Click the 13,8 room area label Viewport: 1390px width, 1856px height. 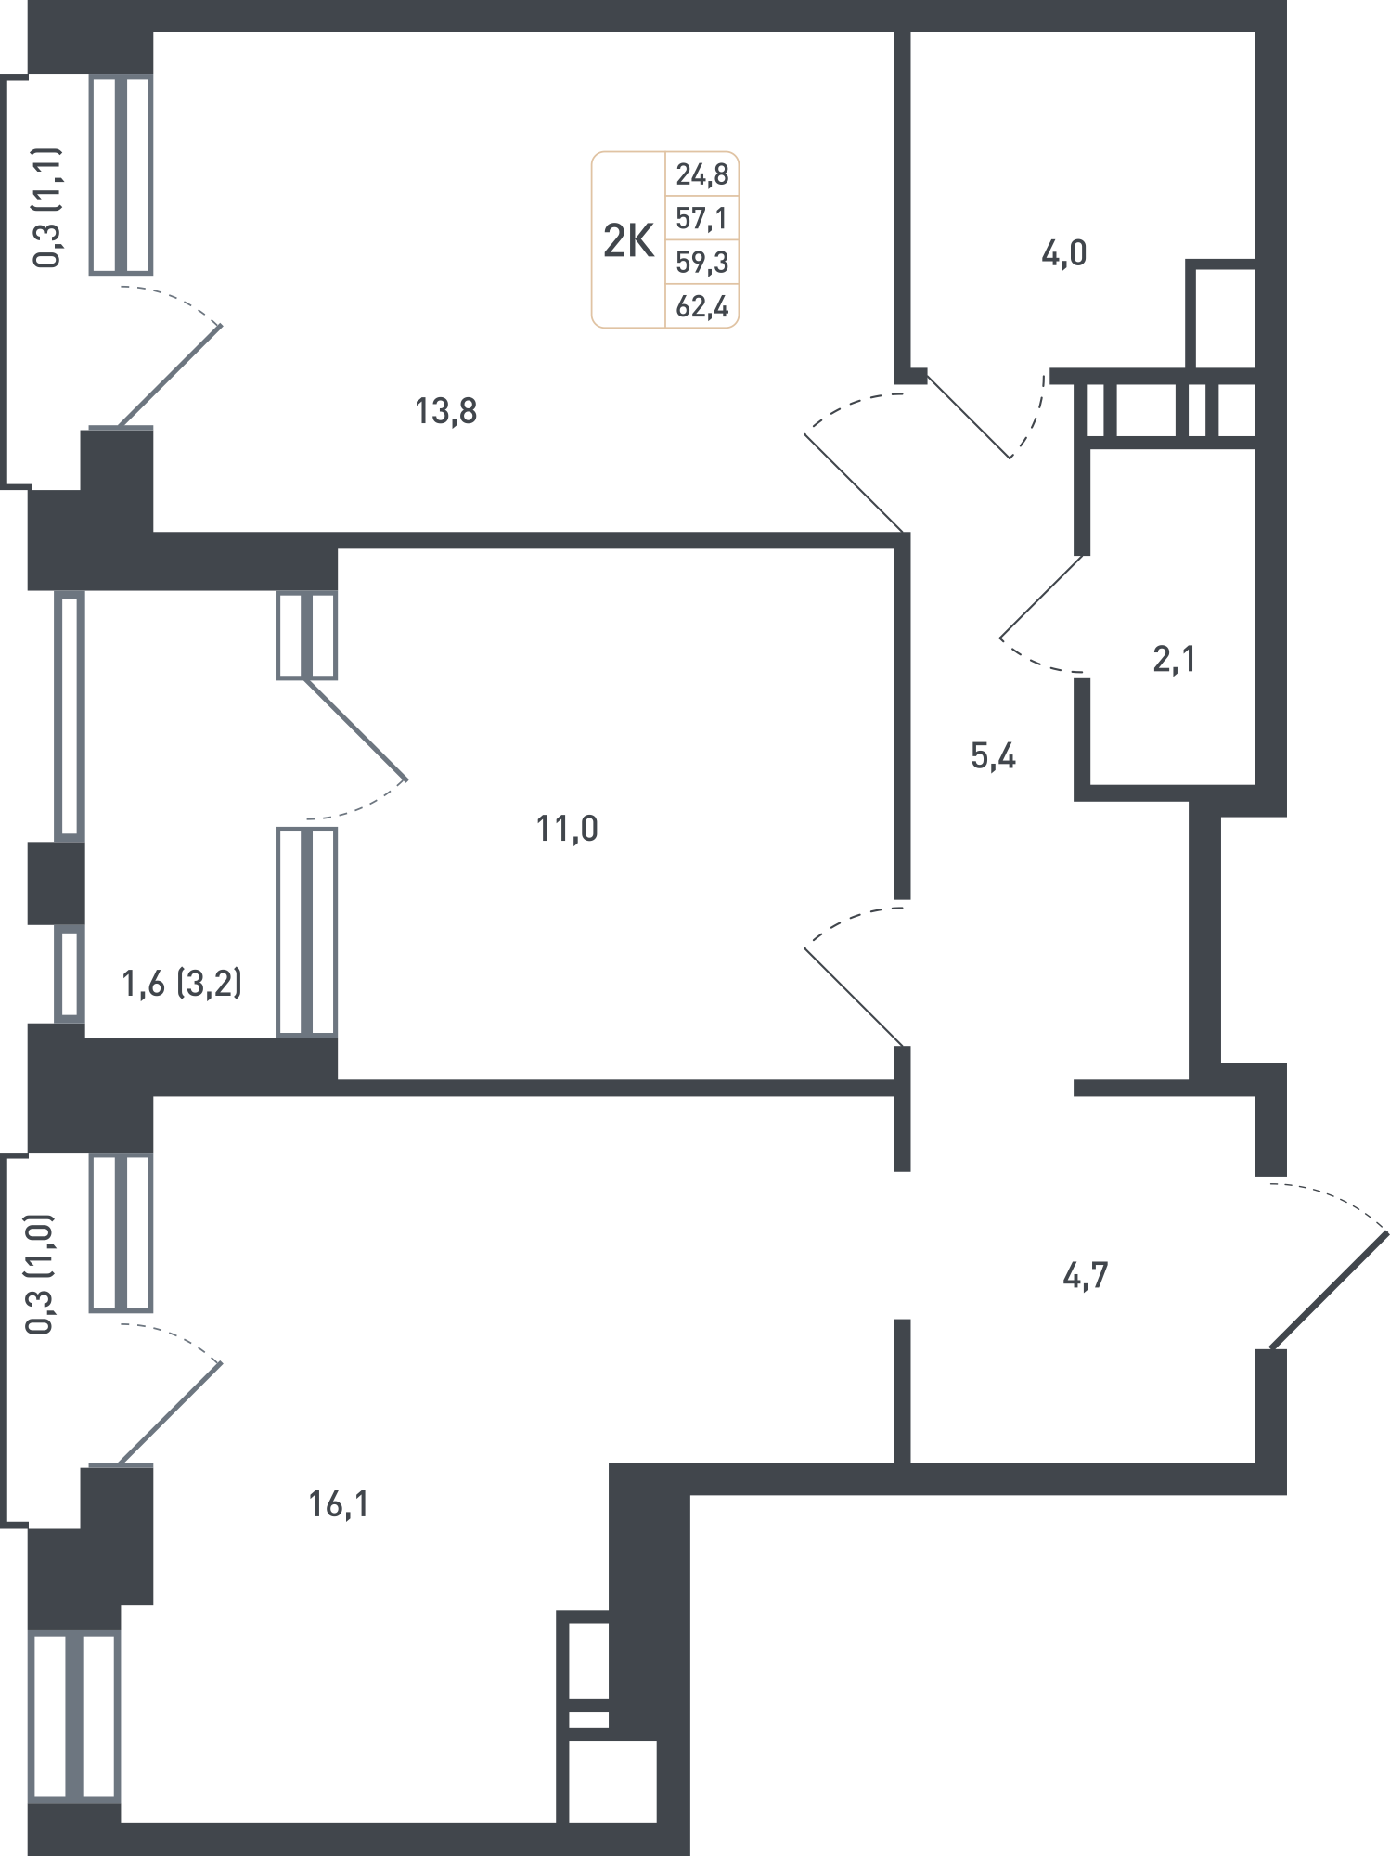point(446,410)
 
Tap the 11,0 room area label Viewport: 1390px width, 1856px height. point(567,828)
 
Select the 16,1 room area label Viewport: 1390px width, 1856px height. point(339,1503)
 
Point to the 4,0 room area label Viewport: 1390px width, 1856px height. point(1063,253)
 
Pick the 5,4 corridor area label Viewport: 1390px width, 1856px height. point(993,757)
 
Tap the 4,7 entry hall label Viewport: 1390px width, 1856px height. point(1085,1276)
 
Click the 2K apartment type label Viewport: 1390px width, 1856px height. point(628,241)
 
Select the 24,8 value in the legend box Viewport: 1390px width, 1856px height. point(702,174)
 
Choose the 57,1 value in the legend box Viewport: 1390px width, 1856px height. point(702,219)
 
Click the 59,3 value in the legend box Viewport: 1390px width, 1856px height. point(702,263)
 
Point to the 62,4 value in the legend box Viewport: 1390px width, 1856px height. point(702,306)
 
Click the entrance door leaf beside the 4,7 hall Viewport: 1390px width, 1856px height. point(1329,1289)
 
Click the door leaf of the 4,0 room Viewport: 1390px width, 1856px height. point(968,415)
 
